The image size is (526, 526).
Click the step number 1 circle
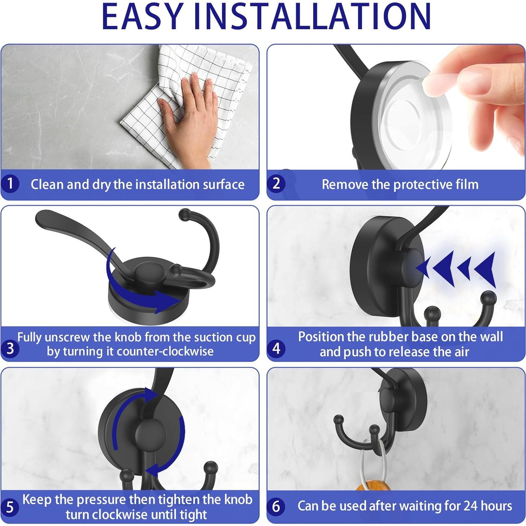click(10, 183)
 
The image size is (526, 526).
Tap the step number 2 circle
click(277, 183)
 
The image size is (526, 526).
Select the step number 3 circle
click(10, 349)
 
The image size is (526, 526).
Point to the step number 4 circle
click(277, 349)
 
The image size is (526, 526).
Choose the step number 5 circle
click(10, 507)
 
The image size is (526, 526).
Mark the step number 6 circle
click(277, 506)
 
